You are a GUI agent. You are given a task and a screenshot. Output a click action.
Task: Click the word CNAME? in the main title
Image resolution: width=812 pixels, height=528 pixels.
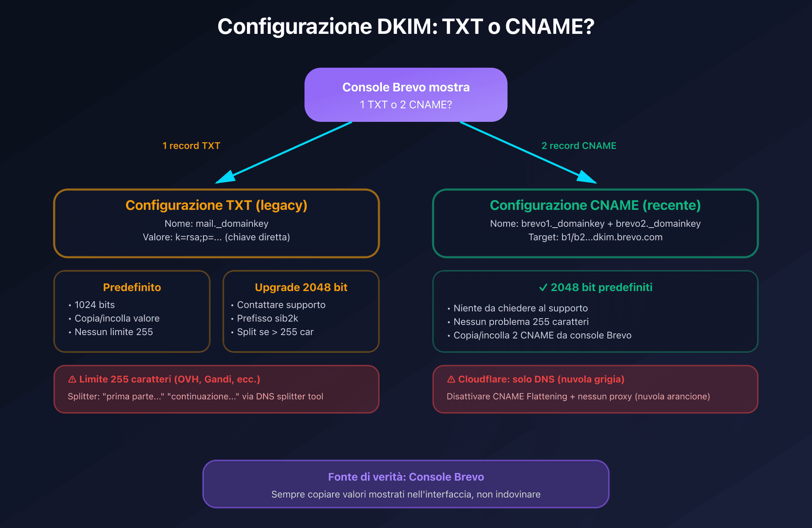point(549,27)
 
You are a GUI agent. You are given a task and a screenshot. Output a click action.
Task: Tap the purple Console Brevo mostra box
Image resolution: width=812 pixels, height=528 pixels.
point(406,95)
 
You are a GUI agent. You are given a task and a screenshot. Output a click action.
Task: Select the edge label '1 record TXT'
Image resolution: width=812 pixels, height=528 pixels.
point(191,146)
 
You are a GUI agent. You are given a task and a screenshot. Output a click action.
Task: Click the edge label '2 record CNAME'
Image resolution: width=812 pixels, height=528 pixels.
point(579,146)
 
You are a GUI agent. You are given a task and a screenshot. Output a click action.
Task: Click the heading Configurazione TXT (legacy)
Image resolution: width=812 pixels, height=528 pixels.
point(216,205)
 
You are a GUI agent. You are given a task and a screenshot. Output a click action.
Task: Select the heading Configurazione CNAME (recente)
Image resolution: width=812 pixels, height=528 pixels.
point(595,205)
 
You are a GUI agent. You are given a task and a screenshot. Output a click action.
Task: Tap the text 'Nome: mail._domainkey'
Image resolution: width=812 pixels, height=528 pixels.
point(216,223)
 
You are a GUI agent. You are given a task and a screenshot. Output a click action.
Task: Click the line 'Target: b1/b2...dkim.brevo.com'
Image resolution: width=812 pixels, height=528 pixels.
point(595,237)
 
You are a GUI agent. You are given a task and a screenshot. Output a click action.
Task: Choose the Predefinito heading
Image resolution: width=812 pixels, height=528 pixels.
point(132,287)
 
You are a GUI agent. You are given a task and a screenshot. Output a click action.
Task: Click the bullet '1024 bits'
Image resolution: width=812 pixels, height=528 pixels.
point(94,305)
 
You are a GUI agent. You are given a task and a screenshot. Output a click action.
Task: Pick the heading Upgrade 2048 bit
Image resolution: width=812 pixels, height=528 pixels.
point(301,287)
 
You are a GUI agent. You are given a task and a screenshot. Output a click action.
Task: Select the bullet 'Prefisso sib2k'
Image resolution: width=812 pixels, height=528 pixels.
point(267,318)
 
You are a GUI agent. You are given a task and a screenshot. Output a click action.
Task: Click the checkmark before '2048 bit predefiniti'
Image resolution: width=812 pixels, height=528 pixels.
point(543,288)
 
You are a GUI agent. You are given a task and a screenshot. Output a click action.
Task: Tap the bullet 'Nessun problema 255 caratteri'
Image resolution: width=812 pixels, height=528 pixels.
point(521,322)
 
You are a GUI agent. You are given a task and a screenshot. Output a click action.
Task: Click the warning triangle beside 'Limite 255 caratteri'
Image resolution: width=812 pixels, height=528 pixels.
point(72,379)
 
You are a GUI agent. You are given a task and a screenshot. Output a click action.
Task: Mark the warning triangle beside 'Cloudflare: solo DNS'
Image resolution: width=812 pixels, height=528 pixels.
point(451,379)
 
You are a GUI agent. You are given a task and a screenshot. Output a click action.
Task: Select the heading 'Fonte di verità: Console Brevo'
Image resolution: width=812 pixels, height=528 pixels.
point(406,477)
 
